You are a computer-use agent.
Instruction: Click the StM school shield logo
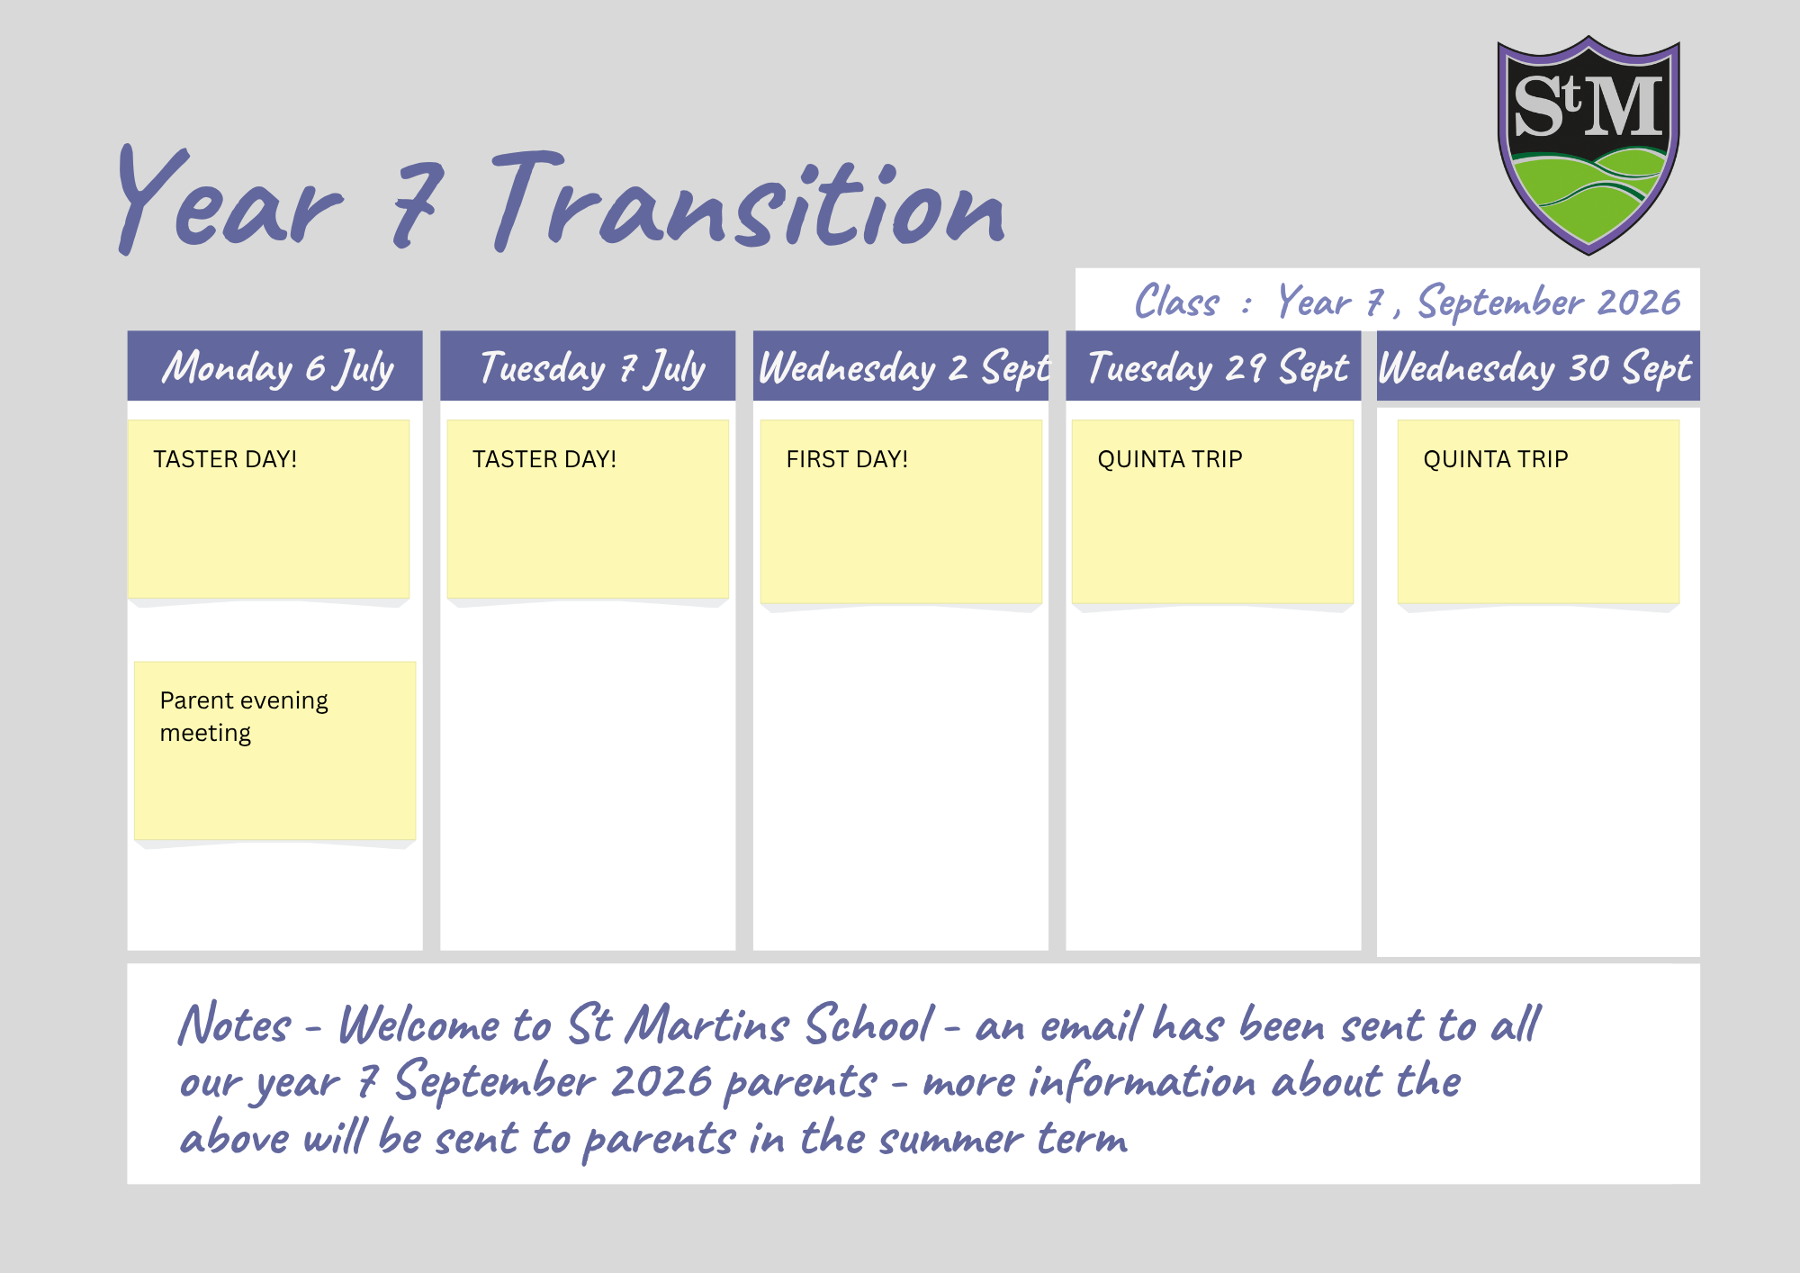(1588, 145)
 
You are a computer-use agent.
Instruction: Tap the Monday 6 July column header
(274, 366)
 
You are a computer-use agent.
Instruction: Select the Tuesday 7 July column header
(588, 366)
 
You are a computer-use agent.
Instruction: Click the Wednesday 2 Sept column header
(901, 366)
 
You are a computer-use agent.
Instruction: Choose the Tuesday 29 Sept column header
(1213, 366)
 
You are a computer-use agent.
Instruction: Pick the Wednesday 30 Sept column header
(1538, 366)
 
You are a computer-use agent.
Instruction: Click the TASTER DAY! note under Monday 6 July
(268, 510)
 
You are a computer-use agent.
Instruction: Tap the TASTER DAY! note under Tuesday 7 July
(588, 510)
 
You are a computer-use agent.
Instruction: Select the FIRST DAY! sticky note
(901, 511)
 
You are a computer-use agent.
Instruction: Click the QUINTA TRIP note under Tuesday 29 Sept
(1212, 511)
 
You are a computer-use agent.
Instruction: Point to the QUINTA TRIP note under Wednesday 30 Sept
(1538, 511)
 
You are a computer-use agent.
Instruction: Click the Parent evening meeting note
(274, 751)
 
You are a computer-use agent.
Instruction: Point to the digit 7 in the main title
(417, 204)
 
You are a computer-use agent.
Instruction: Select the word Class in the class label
(1177, 301)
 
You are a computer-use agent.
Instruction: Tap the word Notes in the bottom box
(234, 1025)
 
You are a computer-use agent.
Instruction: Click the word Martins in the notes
(707, 1025)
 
